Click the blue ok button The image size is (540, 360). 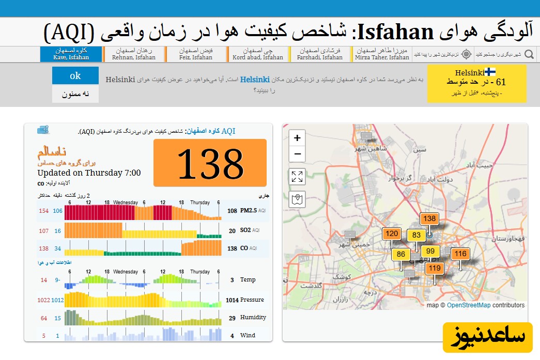coord(75,76)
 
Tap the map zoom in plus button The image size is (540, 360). coord(297,138)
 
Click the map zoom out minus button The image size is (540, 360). coord(297,154)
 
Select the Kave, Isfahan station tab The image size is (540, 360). coord(71,54)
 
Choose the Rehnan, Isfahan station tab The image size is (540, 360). coord(133,54)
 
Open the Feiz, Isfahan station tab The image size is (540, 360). coord(196,54)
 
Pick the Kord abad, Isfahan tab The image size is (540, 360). coord(257,54)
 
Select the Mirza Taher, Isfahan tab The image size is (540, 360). coord(382,54)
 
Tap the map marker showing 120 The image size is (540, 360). coord(392,234)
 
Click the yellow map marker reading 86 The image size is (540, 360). coord(401,254)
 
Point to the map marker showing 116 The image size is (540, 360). coord(460,254)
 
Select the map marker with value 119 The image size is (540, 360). coord(435,268)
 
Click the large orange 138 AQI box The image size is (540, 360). coord(210,163)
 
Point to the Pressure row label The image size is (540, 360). coord(252,300)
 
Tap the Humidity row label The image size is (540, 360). coord(253,318)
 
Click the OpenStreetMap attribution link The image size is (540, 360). coord(469,305)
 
